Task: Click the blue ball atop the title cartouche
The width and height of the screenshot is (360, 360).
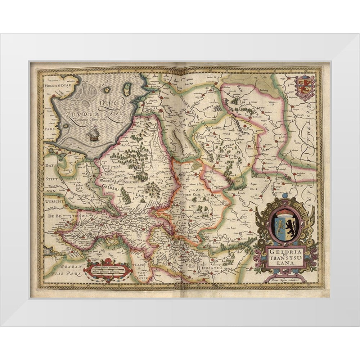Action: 285,196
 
